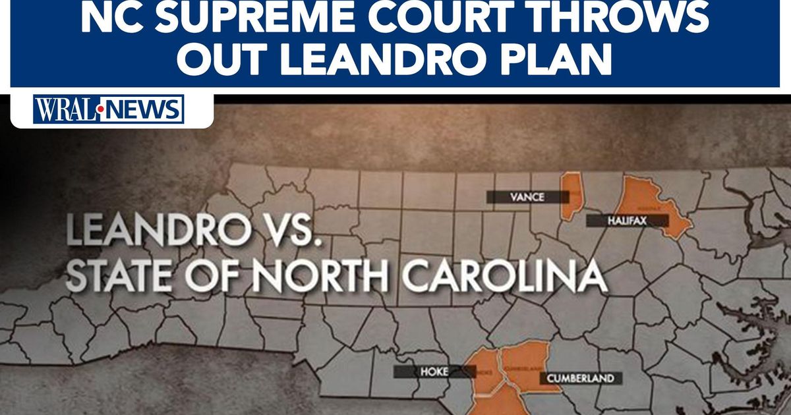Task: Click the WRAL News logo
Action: [109, 109]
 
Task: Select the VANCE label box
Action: [527, 196]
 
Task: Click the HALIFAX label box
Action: [627, 221]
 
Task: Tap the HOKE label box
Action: [434, 372]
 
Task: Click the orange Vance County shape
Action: [571, 196]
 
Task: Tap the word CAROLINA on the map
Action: [505, 277]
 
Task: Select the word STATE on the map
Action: [116, 277]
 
